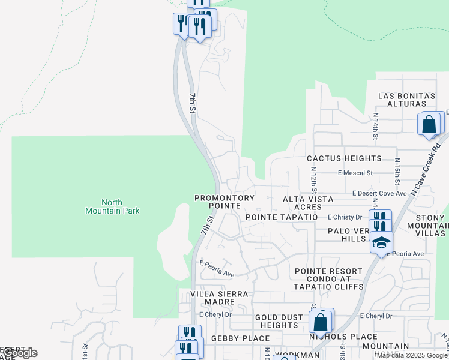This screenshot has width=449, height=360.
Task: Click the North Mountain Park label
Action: tap(112, 206)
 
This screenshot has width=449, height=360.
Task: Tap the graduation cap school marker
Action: tap(381, 242)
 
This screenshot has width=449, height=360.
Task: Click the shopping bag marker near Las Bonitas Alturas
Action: tap(429, 125)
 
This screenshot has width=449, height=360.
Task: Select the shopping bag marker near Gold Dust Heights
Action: tap(321, 322)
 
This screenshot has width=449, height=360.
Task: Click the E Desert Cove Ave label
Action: tap(379, 193)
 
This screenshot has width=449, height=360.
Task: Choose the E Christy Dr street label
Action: tap(345, 217)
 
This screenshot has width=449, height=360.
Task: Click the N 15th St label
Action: tap(397, 170)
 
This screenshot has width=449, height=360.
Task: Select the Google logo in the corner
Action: tap(19, 353)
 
